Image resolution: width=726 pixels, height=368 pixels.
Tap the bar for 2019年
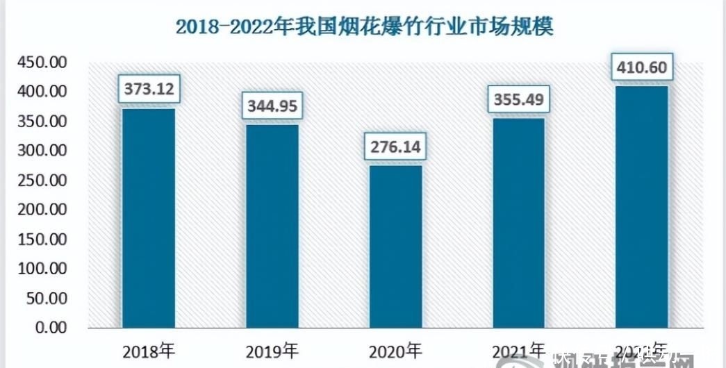(x=272, y=226)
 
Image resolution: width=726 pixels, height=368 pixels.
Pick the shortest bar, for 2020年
(x=395, y=246)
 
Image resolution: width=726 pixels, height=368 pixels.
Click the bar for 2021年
(x=518, y=222)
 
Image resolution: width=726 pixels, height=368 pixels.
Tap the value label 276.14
(x=395, y=148)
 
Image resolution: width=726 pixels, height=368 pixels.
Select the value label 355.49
(x=518, y=100)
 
